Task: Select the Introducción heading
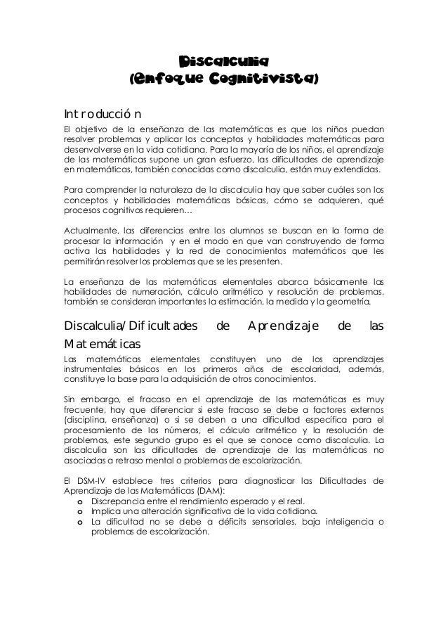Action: tap(103, 113)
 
